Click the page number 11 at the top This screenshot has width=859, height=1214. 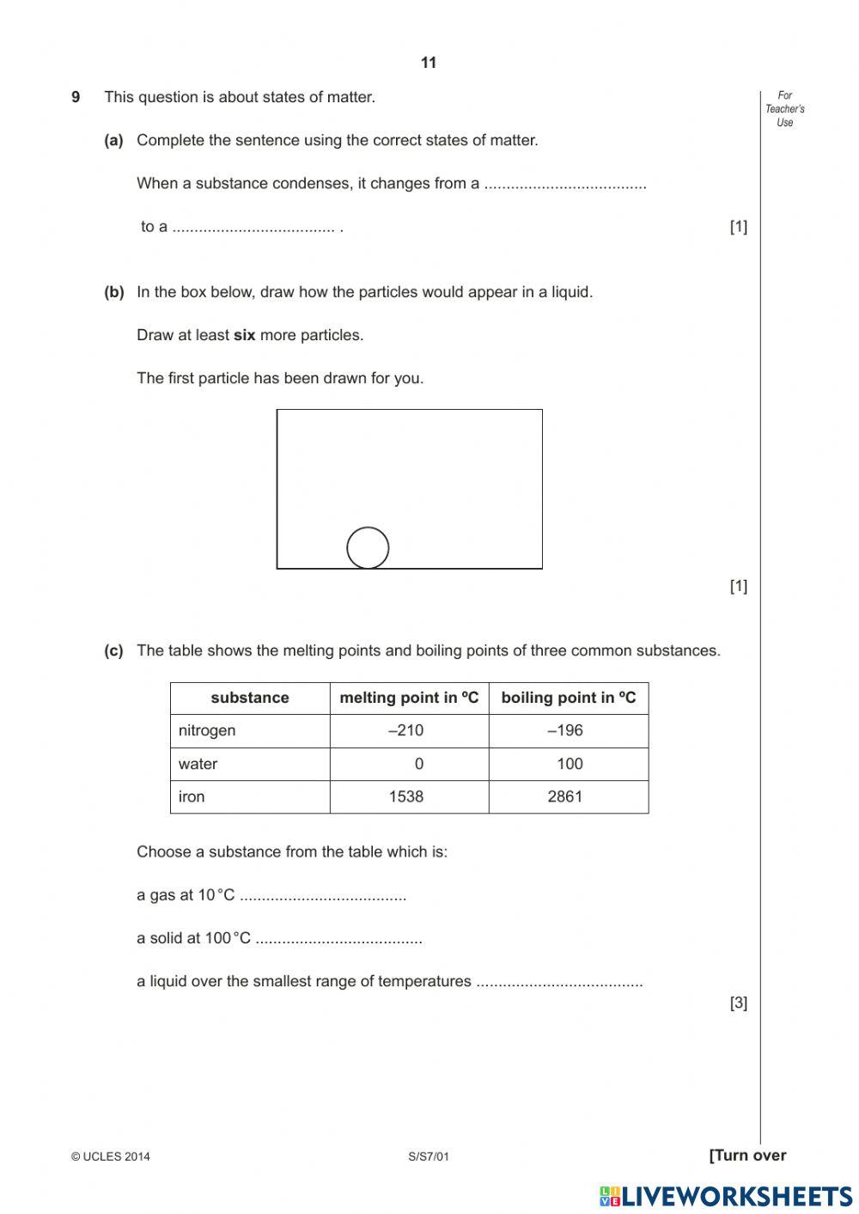coord(429,63)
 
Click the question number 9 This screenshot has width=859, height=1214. coord(76,97)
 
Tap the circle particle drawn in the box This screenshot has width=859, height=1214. coord(368,547)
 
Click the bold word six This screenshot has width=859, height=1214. coord(244,335)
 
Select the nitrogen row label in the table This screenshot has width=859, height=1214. coord(207,730)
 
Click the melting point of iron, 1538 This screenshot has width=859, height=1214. coord(405,796)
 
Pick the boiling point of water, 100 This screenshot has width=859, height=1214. coord(569,764)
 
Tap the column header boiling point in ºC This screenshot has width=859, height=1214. coord(568,698)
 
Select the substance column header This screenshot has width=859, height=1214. coord(249,698)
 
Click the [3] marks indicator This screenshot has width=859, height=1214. coord(738,1003)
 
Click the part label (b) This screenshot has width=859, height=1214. coord(114,292)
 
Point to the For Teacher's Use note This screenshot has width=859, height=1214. coord(784,109)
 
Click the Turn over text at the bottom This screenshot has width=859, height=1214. coord(747,1156)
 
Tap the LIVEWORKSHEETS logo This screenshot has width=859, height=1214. coord(726,1196)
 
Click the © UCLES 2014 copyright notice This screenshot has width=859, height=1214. coord(111,1156)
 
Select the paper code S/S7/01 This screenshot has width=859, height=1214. coord(429,1156)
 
